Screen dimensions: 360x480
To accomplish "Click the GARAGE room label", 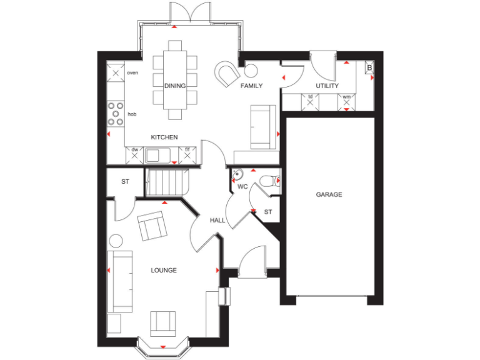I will [x=328, y=195].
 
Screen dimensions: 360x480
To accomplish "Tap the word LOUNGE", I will [x=164, y=271].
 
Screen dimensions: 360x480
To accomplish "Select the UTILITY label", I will [x=327, y=86].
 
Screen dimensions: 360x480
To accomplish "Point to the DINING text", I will [x=175, y=86].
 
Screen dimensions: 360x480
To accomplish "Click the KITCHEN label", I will [x=164, y=137].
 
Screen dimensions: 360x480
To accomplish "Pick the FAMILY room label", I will [x=252, y=86].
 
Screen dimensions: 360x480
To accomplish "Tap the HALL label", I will [x=217, y=221].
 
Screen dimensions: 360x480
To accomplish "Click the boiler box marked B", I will [x=369, y=67].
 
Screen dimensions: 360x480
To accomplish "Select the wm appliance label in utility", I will [x=346, y=97].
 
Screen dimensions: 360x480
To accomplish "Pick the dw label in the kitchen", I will [x=134, y=149].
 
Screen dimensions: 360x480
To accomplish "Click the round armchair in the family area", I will [x=227, y=73].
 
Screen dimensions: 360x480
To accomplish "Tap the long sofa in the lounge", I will [x=119, y=281].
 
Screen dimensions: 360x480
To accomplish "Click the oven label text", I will [x=132, y=73].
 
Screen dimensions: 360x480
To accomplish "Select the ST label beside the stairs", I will [x=125, y=182].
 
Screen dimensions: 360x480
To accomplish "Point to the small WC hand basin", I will [x=237, y=174].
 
